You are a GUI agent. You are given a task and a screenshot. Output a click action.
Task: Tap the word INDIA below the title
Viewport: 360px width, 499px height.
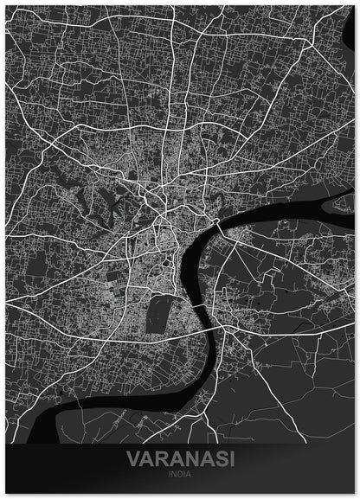pos(179,473)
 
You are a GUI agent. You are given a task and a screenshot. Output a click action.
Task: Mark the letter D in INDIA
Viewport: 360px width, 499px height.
pos(179,473)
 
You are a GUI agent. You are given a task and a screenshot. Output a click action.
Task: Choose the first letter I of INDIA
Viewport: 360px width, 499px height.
pos(170,473)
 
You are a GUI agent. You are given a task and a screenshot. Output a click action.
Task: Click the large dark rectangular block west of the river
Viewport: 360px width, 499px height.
pos(158,311)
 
